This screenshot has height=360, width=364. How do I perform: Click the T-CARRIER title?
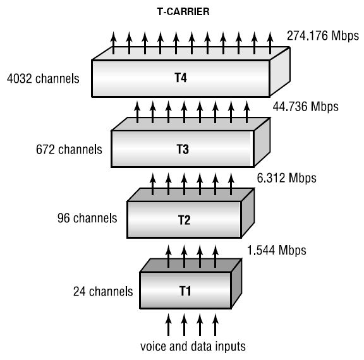[183, 11]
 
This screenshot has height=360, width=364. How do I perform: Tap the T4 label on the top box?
[181, 78]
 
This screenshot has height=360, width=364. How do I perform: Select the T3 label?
[183, 149]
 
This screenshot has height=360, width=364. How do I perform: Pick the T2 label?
[184, 220]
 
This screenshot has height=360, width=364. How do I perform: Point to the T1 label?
[185, 291]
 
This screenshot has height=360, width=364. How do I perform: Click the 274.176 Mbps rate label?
[323, 36]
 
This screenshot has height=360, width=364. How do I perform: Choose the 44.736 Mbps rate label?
[305, 107]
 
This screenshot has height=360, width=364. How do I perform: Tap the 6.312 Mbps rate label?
[286, 178]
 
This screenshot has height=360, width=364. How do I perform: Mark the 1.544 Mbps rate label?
[277, 250]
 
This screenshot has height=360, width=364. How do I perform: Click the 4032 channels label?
[43, 78]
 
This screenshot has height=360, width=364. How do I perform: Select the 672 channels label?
[69, 150]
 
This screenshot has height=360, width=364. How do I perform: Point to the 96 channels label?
[87, 218]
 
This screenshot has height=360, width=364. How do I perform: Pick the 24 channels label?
[103, 291]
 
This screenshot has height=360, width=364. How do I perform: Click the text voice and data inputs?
[193, 347]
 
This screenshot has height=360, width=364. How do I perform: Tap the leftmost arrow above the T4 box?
[113, 43]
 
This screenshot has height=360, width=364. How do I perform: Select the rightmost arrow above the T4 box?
[270, 43]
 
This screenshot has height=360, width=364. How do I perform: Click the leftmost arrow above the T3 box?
[137, 112]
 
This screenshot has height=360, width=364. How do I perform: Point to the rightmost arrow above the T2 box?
[231, 184]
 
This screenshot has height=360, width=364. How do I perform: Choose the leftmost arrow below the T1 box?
[168, 325]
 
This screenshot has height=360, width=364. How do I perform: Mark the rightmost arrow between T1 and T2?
[215, 256]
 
